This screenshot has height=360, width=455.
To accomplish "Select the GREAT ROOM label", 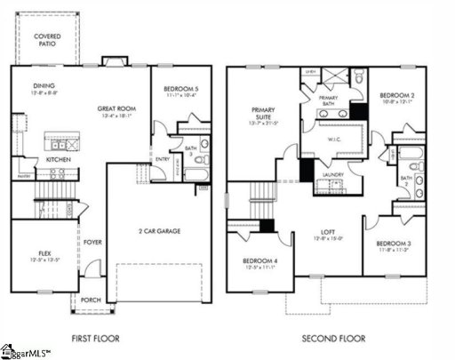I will (115, 108).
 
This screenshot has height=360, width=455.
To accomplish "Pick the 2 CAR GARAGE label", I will (160, 231).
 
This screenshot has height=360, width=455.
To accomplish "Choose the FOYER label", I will (93, 241).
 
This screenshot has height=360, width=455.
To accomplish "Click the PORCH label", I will (91, 300).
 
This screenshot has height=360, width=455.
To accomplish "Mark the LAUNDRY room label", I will (334, 174).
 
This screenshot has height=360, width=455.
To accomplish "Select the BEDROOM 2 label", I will (398, 95).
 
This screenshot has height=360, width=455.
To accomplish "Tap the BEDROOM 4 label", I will (261, 261).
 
